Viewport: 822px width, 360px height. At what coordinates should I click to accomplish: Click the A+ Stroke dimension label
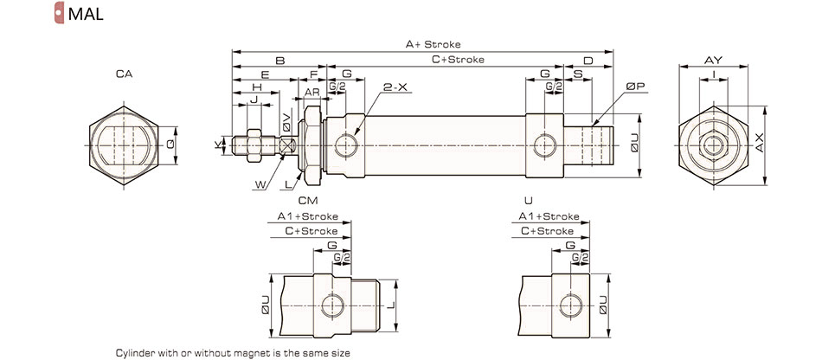(433, 44)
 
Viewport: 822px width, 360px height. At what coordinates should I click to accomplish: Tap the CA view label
(124, 75)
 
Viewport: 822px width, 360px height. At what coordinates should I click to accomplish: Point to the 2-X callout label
(395, 87)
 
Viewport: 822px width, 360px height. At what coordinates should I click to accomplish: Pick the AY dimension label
(713, 60)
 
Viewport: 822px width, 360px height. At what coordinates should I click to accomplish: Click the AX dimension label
(759, 144)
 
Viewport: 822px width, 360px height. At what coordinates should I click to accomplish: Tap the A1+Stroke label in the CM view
(308, 216)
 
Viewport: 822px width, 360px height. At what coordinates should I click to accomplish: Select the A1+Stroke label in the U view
(549, 216)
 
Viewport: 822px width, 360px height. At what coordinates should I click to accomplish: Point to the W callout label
(260, 183)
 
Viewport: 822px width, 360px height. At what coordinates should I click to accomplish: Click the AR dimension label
(311, 91)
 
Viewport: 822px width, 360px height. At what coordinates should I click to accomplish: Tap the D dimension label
(588, 61)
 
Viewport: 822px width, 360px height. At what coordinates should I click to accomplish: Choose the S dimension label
(577, 74)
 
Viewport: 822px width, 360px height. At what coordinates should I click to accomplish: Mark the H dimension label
(257, 87)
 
